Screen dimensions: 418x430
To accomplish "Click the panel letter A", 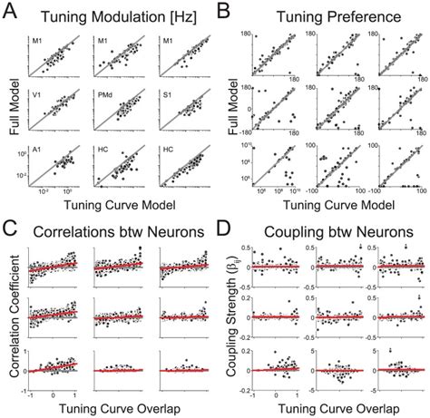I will point(10,11).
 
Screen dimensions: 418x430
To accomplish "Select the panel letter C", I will point(10,217).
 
